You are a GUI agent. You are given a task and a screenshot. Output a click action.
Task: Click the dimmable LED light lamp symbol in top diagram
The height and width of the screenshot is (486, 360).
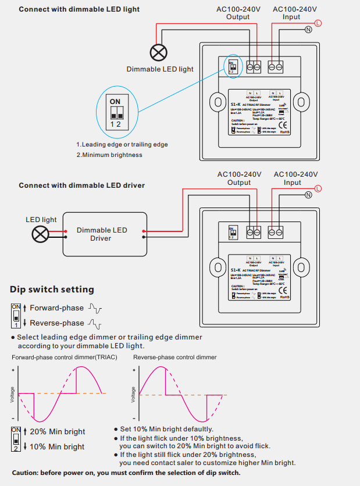click(x=158, y=53)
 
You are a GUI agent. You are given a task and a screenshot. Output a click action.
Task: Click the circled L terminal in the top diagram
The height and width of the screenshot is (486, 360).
click(x=318, y=23)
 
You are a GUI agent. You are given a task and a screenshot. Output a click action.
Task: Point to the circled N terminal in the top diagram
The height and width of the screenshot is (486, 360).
click(x=308, y=30)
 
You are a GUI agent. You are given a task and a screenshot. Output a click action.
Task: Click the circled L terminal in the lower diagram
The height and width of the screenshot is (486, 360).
click(x=318, y=187)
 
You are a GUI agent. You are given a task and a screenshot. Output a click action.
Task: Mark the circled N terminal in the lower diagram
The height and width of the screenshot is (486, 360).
click(x=308, y=195)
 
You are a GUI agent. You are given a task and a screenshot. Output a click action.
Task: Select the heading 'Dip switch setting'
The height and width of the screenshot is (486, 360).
click(x=52, y=290)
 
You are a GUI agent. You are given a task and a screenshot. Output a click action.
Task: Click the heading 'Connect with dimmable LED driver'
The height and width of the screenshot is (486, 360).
click(x=81, y=185)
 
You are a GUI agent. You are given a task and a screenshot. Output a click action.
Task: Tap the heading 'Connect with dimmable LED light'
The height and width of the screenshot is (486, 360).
click(x=79, y=9)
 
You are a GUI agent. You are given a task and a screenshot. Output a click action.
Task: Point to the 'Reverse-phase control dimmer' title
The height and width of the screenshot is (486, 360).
click(x=174, y=357)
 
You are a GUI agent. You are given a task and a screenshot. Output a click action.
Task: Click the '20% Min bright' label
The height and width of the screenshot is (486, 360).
click(x=57, y=431)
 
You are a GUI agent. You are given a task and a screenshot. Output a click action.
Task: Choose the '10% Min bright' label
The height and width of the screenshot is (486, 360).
click(x=57, y=446)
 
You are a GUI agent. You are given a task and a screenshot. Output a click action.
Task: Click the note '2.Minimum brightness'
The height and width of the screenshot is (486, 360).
click(x=109, y=155)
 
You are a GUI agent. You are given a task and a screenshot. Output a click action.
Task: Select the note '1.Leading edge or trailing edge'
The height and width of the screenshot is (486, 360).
click(x=122, y=144)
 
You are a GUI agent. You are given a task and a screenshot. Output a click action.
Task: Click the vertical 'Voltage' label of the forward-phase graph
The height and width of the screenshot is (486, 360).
click(x=13, y=395)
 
